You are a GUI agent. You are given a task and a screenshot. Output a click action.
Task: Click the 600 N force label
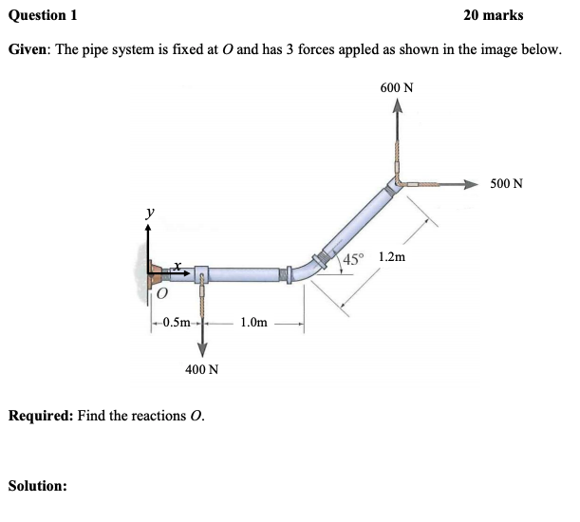pos(396,87)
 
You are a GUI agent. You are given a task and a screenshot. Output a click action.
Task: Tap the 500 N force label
pos(507,182)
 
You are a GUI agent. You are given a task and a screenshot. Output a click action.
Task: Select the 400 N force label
pos(201,369)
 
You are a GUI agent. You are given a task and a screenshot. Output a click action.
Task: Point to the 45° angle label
pos(353,259)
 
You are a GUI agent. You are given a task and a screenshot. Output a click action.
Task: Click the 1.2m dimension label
pos(392,257)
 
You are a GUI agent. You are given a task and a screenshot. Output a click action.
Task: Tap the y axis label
pos(149,214)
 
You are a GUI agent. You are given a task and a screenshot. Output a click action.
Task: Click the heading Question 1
pos(43,15)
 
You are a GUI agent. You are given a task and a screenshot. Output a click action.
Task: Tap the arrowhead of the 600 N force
pos(397,109)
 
